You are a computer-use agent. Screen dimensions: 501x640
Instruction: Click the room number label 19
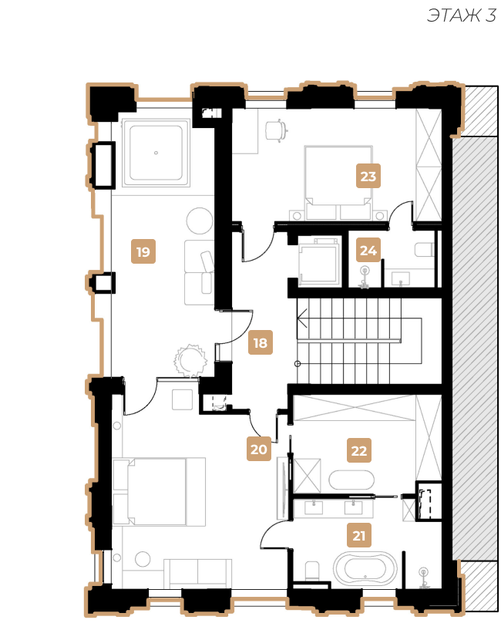(143, 251)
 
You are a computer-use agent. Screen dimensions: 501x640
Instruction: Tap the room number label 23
(368, 176)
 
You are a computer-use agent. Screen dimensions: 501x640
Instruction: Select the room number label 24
(368, 250)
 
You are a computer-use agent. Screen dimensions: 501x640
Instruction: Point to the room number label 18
(261, 342)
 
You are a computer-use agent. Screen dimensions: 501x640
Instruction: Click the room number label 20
(259, 449)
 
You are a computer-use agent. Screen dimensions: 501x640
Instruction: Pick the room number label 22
(359, 450)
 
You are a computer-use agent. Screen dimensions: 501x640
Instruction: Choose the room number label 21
(359, 534)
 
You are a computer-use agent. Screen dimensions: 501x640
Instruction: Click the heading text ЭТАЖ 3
(462, 15)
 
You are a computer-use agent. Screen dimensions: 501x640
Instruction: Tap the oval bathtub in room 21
(365, 568)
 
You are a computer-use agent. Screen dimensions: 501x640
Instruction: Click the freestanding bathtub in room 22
(351, 480)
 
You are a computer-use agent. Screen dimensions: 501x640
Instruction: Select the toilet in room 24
(424, 249)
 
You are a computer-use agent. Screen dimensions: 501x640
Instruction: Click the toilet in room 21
(312, 571)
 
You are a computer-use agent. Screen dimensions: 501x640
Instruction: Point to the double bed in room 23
(338, 183)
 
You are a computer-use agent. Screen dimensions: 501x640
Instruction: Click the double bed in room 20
(159, 491)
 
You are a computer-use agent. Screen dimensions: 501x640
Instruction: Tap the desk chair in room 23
(276, 130)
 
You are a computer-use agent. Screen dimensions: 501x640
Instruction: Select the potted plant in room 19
(190, 360)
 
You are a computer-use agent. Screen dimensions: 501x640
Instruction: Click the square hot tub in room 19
(156, 153)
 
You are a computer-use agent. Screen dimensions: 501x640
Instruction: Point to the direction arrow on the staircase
(302, 318)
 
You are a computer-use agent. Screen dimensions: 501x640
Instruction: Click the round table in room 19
(200, 221)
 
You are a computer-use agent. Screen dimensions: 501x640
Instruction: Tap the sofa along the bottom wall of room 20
(198, 574)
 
